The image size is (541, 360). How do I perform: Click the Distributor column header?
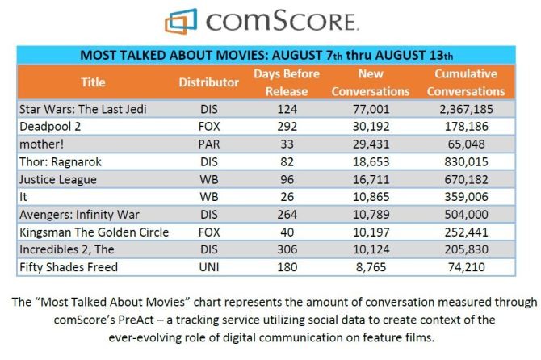(x=209, y=82)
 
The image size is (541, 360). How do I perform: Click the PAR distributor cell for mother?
(x=208, y=144)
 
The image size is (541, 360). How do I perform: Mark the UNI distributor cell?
(x=208, y=267)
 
